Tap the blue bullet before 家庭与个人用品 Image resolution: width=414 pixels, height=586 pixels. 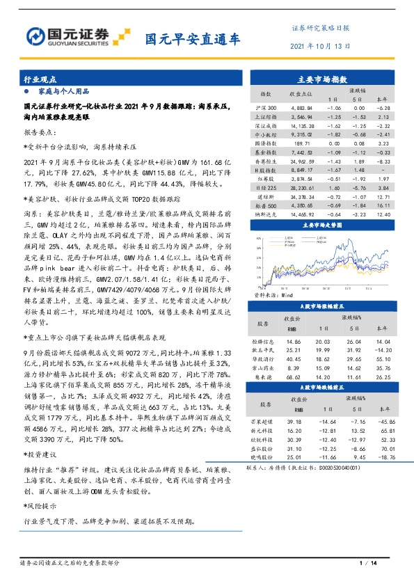[26, 91]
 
